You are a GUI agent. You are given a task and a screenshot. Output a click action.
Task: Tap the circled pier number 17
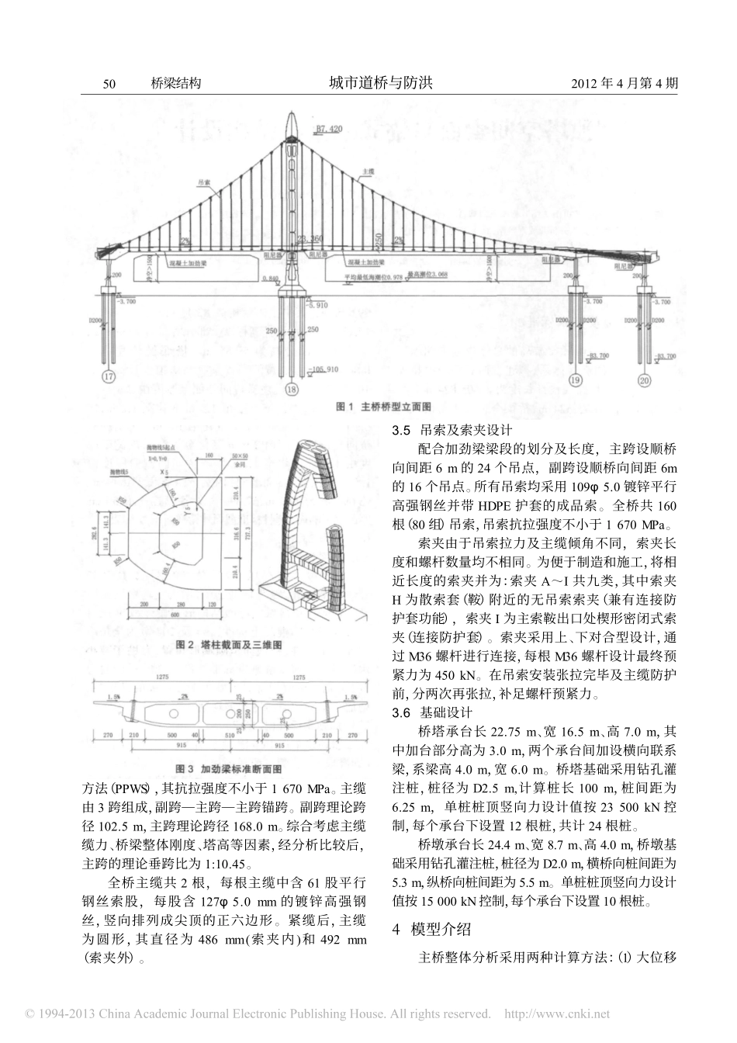(x=108, y=379)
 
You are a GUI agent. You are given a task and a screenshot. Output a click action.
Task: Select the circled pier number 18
(x=291, y=390)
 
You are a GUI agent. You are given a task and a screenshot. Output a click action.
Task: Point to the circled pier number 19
(x=575, y=379)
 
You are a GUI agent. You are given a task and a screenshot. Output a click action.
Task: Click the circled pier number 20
(x=645, y=379)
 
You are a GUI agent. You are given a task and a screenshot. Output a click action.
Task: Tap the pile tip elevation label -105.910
(x=325, y=370)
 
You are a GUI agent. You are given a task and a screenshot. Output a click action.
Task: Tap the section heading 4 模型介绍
(x=431, y=929)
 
